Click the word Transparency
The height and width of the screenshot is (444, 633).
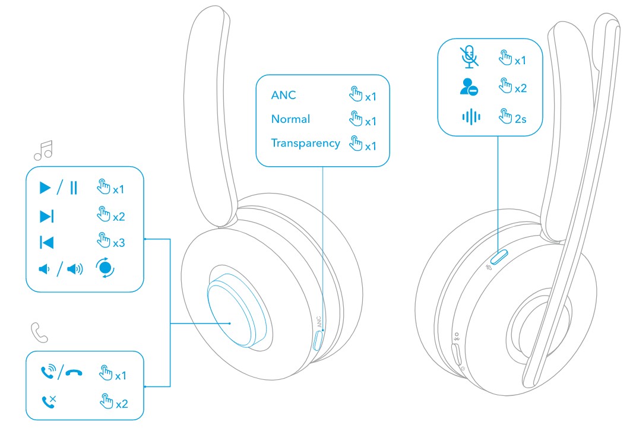click(305, 143)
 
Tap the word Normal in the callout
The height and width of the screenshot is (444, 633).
click(290, 119)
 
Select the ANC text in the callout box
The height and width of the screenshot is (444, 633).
click(283, 95)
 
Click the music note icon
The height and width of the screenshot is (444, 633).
click(43, 150)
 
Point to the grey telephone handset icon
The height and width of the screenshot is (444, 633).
click(39, 332)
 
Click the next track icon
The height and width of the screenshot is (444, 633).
click(47, 217)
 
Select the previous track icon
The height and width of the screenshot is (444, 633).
click(47, 242)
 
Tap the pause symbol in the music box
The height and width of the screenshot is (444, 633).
click(73, 189)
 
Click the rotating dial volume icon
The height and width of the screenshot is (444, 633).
click(106, 269)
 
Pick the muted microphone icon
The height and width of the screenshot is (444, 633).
click(469, 56)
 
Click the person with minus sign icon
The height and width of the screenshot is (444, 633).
click(469, 87)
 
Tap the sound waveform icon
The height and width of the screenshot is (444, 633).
click(471, 117)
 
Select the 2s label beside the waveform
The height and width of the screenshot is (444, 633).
click(520, 119)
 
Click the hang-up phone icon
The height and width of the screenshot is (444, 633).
click(74, 373)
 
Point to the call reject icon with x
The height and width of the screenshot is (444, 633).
click(48, 402)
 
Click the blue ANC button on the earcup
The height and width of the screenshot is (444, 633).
click(318, 341)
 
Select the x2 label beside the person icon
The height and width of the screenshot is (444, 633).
click(520, 88)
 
